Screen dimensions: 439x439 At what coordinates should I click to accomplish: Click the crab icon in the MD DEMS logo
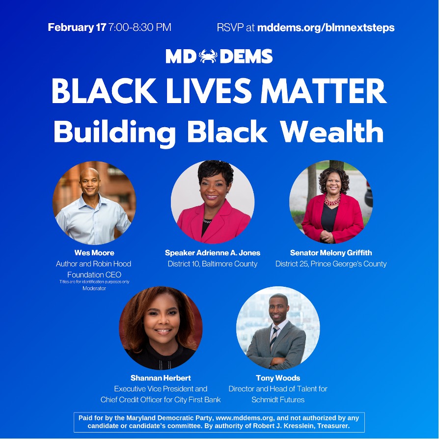coord(208,56)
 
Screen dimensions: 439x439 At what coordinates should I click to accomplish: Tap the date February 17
coord(77,27)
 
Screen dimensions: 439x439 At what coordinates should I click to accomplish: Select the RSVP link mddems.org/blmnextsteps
coord(326,27)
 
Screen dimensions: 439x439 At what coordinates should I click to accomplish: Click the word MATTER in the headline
coord(324,91)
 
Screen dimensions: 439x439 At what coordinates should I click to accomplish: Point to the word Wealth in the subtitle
coord(332,132)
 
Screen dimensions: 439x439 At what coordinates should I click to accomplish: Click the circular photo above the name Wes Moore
coord(94,203)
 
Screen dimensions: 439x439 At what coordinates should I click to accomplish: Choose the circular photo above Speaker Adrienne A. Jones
coord(213,202)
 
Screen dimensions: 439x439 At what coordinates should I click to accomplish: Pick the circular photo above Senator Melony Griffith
coord(331,202)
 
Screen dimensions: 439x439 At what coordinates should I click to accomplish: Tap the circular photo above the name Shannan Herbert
coord(161,328)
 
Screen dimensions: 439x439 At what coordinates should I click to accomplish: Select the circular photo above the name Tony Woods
coord(278,328)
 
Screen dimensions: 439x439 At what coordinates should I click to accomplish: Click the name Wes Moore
coord(94,253)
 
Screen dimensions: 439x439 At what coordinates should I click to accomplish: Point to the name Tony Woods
coord(278,378)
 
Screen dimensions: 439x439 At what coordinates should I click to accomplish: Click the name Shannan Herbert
coord(161,378)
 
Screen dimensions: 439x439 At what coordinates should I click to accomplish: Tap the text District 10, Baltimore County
coord(213,264)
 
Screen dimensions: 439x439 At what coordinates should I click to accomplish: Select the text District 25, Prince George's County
coord(331,264)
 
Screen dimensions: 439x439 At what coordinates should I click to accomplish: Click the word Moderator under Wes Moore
coord(94,288)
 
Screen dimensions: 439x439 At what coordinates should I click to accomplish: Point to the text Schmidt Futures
coord(278,400)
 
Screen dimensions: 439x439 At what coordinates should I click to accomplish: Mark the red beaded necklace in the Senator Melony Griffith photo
coord(332,200)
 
